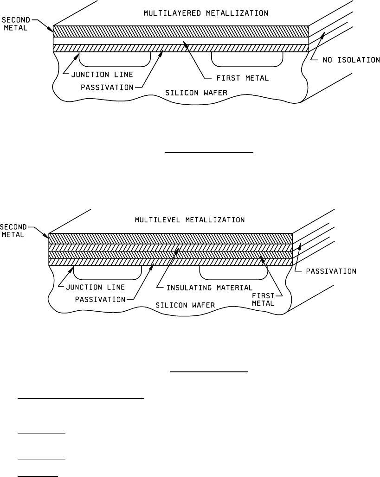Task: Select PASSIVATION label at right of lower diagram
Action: click(331, 271)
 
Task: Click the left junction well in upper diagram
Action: click(115, 58)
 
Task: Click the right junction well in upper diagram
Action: click(247, 58)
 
